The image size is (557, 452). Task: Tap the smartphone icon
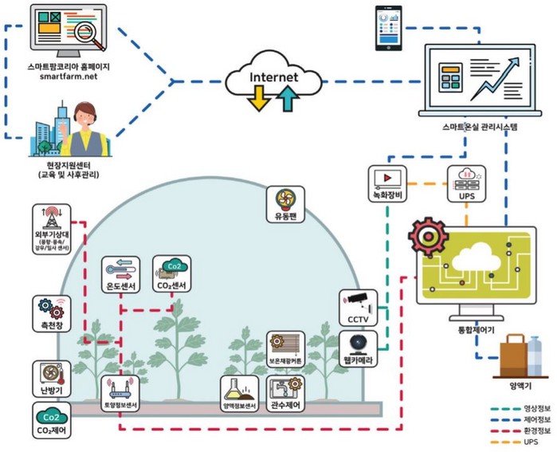(x=388, y=25)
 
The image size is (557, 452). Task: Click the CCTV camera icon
(x=356, y=299)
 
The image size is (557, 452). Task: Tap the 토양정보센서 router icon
(x=124, y=387)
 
